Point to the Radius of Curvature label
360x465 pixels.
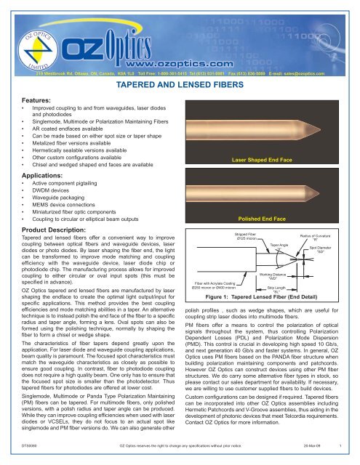(326, 238)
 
